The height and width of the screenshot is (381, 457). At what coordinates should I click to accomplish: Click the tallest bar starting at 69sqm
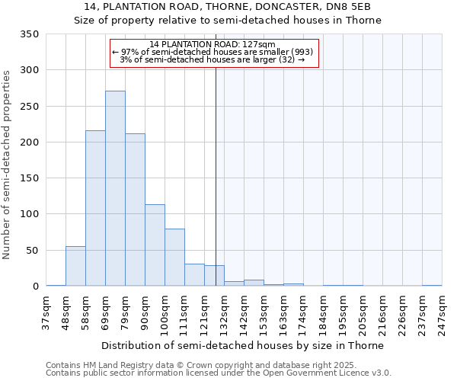pyautogui.click(x=115, y=188)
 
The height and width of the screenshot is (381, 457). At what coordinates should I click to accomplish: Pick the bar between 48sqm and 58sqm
pyautogui.click(x=75, y=266)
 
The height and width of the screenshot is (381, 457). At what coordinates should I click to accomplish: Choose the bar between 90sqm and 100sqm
pyautogui.click(x=155, y=245)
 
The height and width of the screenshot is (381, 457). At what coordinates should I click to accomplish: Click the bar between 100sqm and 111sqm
pyautogui.click(x=174, y=258)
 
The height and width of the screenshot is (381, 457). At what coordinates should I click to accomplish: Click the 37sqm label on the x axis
pyautogui.click(x=46, y=312)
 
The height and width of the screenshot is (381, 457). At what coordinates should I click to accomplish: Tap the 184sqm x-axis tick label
pyautogui.click(x=324, y=312)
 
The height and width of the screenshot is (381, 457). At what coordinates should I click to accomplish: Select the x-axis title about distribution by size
pyautogui.click(x=242, y=345)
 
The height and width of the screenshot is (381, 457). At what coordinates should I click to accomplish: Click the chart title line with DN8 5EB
pyautogui.click(x=228, y=7)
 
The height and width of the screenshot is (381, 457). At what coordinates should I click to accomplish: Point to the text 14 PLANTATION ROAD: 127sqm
pyautogui.click(x=213, y=45)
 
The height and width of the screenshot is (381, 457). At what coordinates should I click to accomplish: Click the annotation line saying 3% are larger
pyautogui.click(x=213, y=59)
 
